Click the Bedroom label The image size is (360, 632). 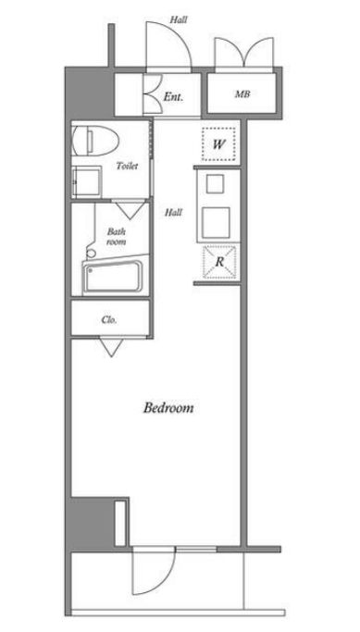tap(168, 408)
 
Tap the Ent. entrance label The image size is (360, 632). tap(173, 97)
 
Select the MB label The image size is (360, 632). tap(242, 94)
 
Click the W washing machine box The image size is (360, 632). tap(218, 144)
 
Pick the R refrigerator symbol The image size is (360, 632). tap(219, 262)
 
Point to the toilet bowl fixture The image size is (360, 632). tap(95, 141)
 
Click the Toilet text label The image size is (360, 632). tap(127, 166)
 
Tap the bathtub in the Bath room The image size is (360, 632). tap(113, 277)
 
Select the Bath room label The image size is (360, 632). tap(117, 237)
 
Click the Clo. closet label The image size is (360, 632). tap(109, 320)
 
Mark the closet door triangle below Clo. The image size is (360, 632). tap(112, 347)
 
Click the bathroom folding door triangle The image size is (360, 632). tap(130, 210)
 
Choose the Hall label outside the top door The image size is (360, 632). tap(179, 19)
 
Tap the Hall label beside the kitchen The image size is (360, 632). tap(173, 212)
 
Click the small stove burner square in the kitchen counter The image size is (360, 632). tap(215, 184)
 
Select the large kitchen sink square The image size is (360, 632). tap(216, 222)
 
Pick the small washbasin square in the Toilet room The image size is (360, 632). tap(86, 182)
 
